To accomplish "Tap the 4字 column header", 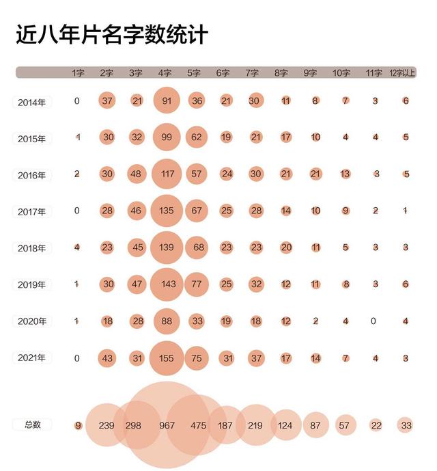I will (165, 73).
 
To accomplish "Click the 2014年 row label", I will (32, 103).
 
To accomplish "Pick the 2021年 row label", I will (32, 358).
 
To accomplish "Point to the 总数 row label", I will (32, 425).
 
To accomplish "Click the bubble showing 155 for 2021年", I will (167, 358).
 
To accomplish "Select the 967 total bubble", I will (167, 425).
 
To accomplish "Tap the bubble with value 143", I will (167, 284).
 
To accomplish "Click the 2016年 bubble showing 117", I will (167, 174).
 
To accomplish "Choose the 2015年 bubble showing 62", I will (197, 137).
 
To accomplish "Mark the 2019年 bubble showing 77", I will (197, 284).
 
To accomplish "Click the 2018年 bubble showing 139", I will (167, 247).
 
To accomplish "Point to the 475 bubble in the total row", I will (197, 425).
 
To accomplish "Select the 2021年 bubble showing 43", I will (107, 358).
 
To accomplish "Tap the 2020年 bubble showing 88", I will (167, 321).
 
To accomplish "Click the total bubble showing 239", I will (107, 425).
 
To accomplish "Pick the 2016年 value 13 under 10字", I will (346, 174).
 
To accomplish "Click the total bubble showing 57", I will (346, 425).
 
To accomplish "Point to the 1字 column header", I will (78, 73).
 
